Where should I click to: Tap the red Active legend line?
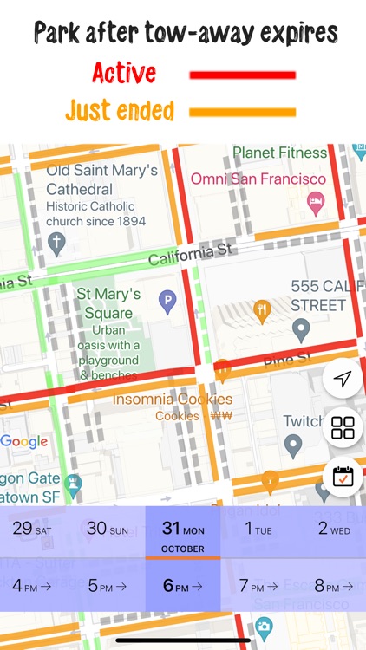point(242,75)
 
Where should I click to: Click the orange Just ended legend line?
point(242,112)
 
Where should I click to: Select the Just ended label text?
point(119,111)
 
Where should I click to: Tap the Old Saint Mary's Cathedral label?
point(101,179)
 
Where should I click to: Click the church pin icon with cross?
point(58,242)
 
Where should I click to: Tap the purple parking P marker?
point(167,302)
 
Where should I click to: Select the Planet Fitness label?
point(279,153)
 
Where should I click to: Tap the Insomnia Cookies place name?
point(173,400)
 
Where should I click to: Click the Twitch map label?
point(304,421)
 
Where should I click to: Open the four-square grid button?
point(343,427)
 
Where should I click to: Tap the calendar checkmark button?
point(343,477)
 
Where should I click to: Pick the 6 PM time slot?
point(183,586)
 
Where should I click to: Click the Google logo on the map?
point(24,442)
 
